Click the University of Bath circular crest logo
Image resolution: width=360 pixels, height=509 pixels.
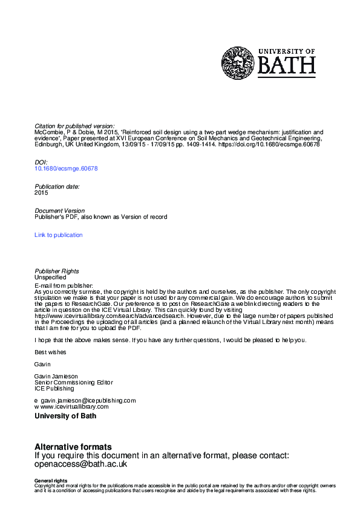coord(238,63)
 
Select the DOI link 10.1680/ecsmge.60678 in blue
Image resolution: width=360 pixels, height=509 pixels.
coord(66,169)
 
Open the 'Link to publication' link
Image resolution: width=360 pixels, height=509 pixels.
coord(59,235)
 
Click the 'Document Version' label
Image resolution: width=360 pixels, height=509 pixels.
coord(59,211)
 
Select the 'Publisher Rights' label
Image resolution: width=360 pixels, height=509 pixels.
coord(57,271)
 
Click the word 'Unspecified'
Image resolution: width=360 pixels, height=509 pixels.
coord(50,277)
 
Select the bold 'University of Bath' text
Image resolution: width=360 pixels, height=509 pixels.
coord(65,416)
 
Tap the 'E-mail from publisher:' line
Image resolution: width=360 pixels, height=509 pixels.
coord(64,285)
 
